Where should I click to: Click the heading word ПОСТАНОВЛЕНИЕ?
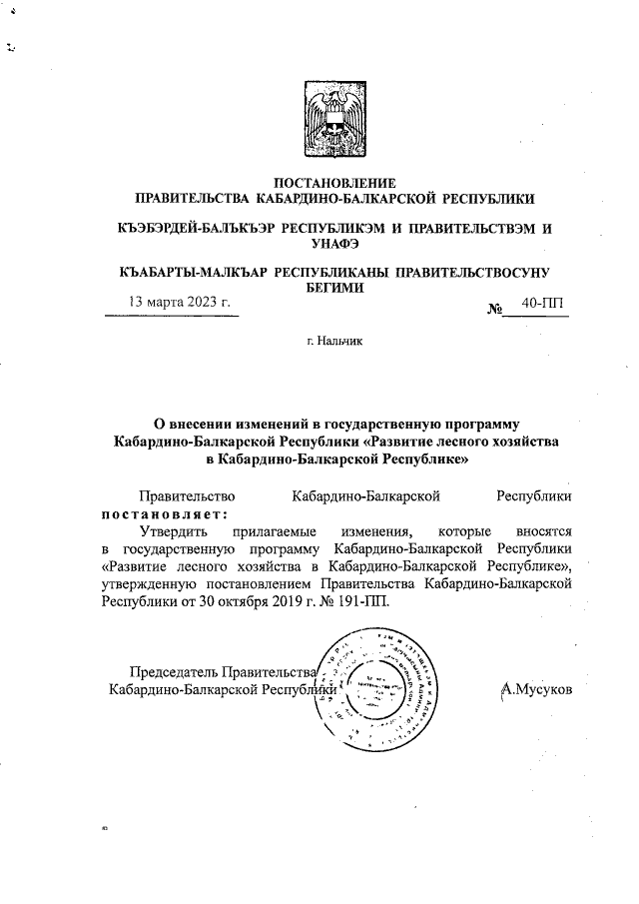pyautogui.click(x=334, y=182)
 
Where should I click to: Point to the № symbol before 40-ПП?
pyautogui.click(x=493, y=310)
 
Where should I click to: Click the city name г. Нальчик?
pyautogui.click(x=334, y=342)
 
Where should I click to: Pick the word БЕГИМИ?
pyautogui.click(x=334, y=286)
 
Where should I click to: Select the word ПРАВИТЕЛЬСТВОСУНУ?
pyautogui.click(x=473, y=271)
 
